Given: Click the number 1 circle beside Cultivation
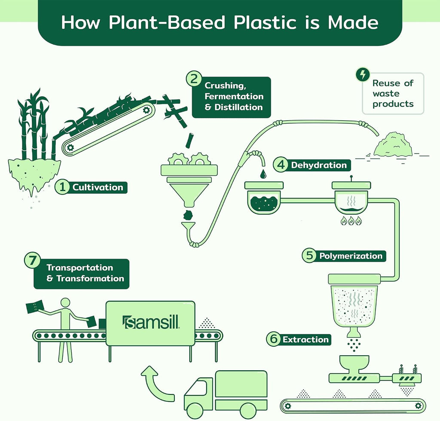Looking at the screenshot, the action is tap(63, 187).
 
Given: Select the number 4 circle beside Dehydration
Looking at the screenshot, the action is tap(281, 165).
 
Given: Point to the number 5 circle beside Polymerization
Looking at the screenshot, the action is tap(309, 255).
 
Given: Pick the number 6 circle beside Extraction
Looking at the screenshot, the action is tap(274, 339).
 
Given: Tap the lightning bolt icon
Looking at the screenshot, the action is tap(363, 75).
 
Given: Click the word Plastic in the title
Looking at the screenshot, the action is tap(265, 22).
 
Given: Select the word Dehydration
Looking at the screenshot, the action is tap(319, 165).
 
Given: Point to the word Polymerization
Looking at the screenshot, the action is tap(351, 256).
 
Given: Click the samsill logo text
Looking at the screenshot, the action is tap(151, 322).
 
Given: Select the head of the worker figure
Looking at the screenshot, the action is tap(65, 303).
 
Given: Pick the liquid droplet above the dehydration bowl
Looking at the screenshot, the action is tap(263, 174).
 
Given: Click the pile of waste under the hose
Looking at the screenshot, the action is tap(393, 145).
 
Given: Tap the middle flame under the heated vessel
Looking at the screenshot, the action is tap(351, 222).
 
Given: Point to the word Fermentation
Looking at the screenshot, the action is tap(234, 96).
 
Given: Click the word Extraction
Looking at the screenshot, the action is tap(306, 339).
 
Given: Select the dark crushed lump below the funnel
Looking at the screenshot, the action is tap(188, 215).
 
